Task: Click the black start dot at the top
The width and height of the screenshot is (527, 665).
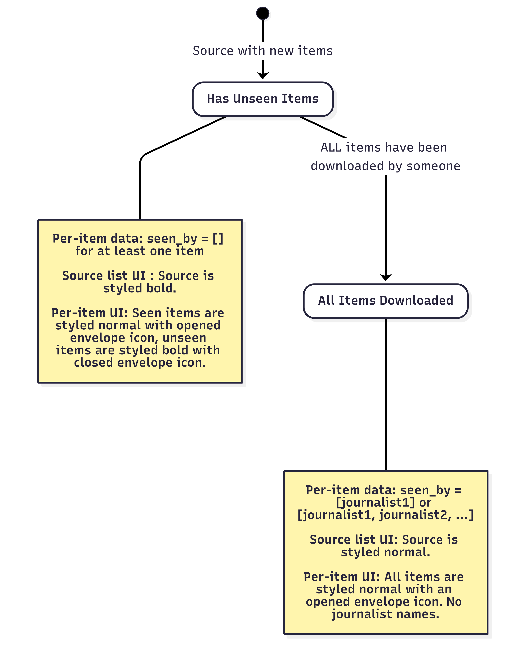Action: click(x=263, y=13)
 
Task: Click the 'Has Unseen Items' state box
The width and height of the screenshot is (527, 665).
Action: click(x=263, y=99)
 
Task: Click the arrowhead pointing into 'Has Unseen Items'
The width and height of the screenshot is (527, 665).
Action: click(x=263, y=76)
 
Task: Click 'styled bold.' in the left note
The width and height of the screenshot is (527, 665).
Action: click(x=140, y=288)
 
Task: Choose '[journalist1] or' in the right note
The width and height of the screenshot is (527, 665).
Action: click(x=384, y=502)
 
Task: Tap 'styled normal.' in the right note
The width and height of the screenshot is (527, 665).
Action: click(x=385, y=552)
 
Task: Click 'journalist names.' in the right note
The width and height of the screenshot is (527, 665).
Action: click(x=385, y=614)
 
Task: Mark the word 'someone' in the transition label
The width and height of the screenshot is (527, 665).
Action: click(x=434, y=166)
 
